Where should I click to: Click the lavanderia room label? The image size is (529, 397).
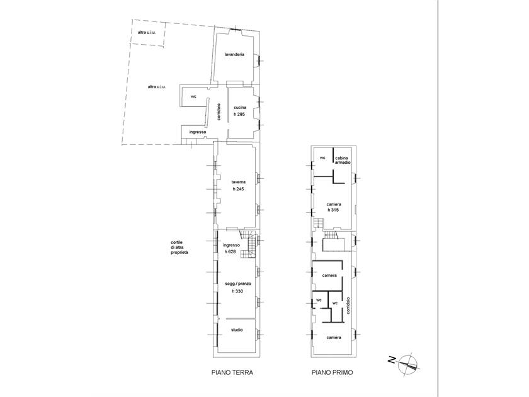pyautogui.click(x=234, y=54)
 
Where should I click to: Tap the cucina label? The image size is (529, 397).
pyautogui.click(x=240, y=108)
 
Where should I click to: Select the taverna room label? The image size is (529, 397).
pyautogui.click(x=238, y=182)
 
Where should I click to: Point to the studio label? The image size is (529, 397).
pyautogui.click(x=237, y=330)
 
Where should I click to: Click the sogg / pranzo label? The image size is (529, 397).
pyautogui.click(x=238, y=284)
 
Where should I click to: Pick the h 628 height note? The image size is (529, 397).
pyautogui.click(x=230, y=251)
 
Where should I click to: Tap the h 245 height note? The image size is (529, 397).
pyautogui.click(x=238, y=189)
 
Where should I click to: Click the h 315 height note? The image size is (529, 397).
pyautogui.click(x=333, y=210)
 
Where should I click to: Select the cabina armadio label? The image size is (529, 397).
pyautogui.click(x=343, y=160)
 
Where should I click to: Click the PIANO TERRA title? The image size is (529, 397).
pyautogui.click(x=232, y=372)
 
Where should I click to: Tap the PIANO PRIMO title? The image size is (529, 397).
pyautogui.click(x=333, y=372)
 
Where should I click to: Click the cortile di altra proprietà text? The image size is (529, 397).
pyautogui.click(x=179, y=248)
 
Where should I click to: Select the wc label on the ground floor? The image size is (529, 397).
pyautogui.click(x=193, y=97)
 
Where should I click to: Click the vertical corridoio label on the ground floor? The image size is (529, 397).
pyautogui.click(x=219, y=112)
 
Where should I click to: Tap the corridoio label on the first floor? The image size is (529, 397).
pyautogui.click(x=349, y=306)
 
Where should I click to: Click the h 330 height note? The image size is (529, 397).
pyautogui.click(x=237, y=291)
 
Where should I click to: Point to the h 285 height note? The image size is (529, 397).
pyautogui.click(x=239, y=115)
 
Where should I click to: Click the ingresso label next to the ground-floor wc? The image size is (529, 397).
pyautogui.click(x=198, y=132)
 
